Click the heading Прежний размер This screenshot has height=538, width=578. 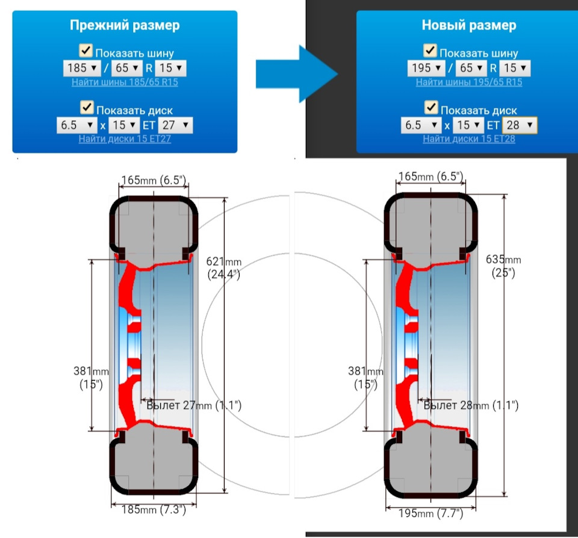coord(125,25)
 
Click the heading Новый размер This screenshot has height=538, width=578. coord(468,25)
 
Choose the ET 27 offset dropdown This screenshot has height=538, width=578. coord(175,125)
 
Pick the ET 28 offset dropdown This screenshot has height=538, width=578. coord(520,125)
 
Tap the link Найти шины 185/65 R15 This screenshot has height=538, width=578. coord(125,82)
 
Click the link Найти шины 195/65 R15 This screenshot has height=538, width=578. coord(468,82)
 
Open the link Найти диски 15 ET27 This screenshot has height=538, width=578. coord(125,139)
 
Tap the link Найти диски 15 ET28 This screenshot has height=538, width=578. coord(468,139)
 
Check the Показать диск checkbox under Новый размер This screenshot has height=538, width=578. coord(430,108)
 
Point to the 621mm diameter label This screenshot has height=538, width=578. coord(224,267)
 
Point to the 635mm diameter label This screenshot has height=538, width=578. coord(503,266)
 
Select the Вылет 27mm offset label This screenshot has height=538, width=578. coord(194,405)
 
